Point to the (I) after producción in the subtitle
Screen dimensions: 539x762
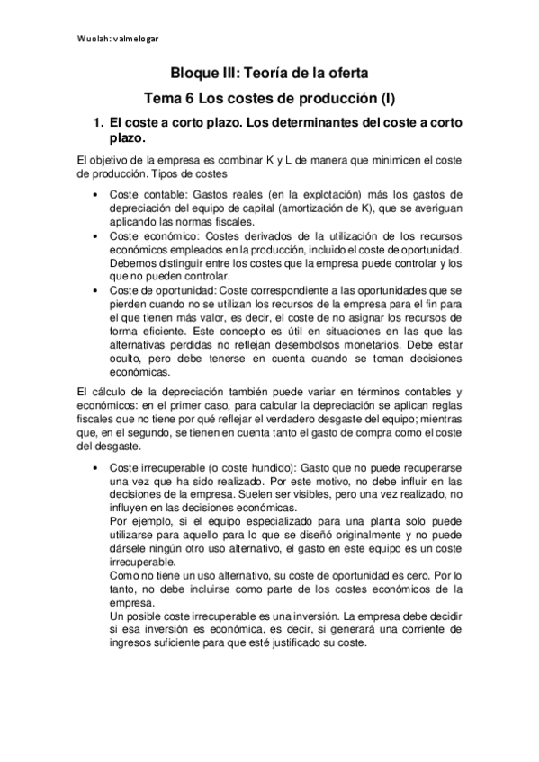pyautogui.click(x=388, y=97)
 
